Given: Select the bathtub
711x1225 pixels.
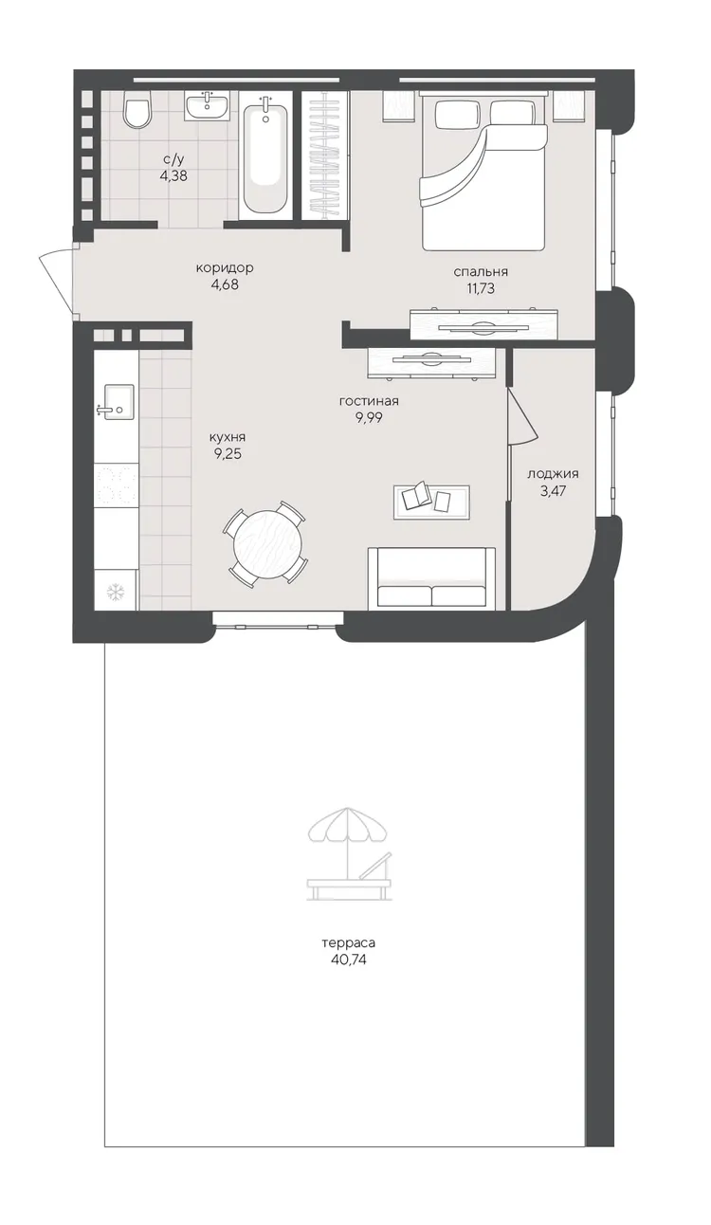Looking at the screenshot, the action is pyautogui.click(x=265, y=155).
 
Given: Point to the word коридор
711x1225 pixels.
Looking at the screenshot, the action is pyautogui.click(x=225, y=268).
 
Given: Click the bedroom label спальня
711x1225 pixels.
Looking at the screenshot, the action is pyautogui.click(x=481, y=272).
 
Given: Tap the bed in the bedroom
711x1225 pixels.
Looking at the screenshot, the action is pyautogui.click(x=483, y=170).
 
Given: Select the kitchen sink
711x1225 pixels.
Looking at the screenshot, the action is pyautogui.click(x=117, y=402).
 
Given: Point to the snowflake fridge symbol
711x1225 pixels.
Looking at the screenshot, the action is pyautogui.click(x=116, y=591).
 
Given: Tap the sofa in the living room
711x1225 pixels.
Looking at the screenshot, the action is pyautogui.click(x=431, y=578).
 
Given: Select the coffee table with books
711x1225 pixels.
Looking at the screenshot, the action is pyautogui.click(x=431, y=502).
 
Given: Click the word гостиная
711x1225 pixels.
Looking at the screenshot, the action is pyautogui.click(x=369, y=401).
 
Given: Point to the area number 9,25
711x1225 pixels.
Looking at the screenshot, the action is pyautogui.click(x=228, y=454).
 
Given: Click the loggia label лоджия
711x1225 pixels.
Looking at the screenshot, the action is pyautogui.click(x=553, y=474).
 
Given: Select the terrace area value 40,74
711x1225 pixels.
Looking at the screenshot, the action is pyautogui.click(x=349, y=960).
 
